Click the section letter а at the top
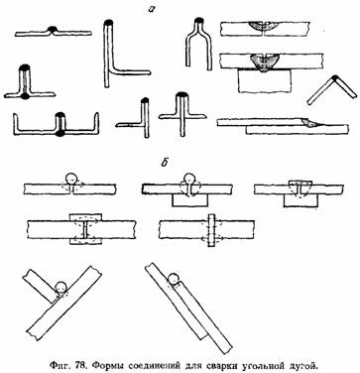click(x=152, y=9)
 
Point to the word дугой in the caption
click(x=302, y=366)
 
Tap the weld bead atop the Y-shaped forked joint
click(x=198, y=22)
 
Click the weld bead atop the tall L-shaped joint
click(x=108, y=24)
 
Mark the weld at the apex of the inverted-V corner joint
click(x=335, y=78)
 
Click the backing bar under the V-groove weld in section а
click(x=265, y=81)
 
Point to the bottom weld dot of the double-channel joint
click(x=60, y=133)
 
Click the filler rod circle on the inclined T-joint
click(x=60, y=287)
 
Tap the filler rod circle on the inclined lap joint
click(x=174, y=280)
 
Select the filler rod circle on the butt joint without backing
click(x=71, y=179)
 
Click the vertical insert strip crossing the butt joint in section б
click(x=211, y=230)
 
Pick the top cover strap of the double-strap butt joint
click(x=85, y=217)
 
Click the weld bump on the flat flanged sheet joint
click(x=53, y=30)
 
